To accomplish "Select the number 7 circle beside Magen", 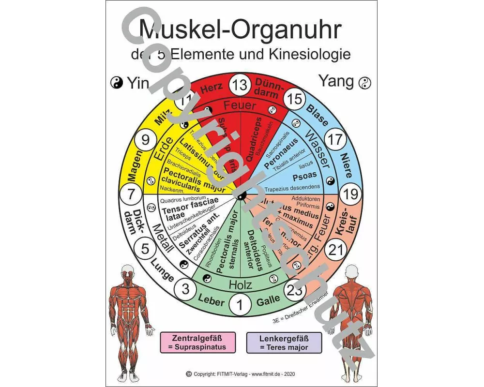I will pyautogui.click(x=131, y=195).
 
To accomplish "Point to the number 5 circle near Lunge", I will pyautogui.click(x=145, y=250).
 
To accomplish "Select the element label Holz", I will pyautogui.click(x=241, y=284).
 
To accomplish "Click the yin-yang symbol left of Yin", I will pyautogui.click(x=117, y=83).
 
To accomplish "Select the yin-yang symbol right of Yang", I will pyautogui.click(x=364, y=83).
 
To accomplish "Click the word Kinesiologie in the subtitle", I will pyautogui.click(x=312, y=54).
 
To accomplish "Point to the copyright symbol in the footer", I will pyautogui.click(x=188, y=374).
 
